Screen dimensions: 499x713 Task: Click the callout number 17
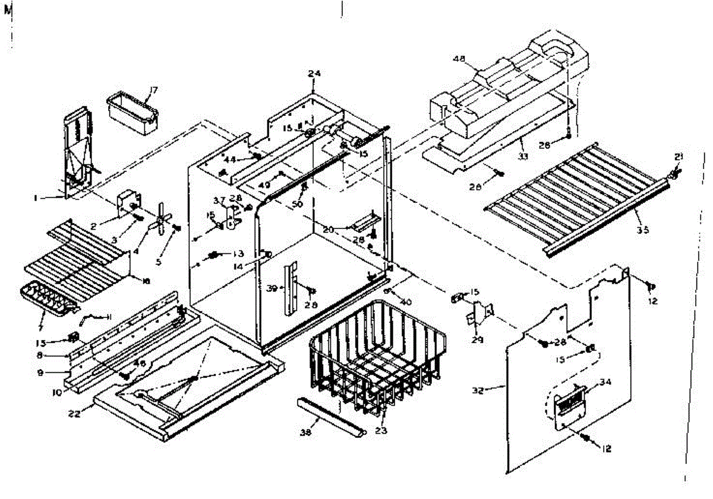(153, 90)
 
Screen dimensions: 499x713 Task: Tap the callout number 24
(314, 74)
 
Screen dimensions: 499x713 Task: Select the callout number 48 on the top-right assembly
(459, 59)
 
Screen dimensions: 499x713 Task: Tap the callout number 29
(477, 340)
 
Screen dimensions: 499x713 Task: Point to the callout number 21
(679, 157)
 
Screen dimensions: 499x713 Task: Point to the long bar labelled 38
(330, 418)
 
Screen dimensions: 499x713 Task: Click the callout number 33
(522, 157)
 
